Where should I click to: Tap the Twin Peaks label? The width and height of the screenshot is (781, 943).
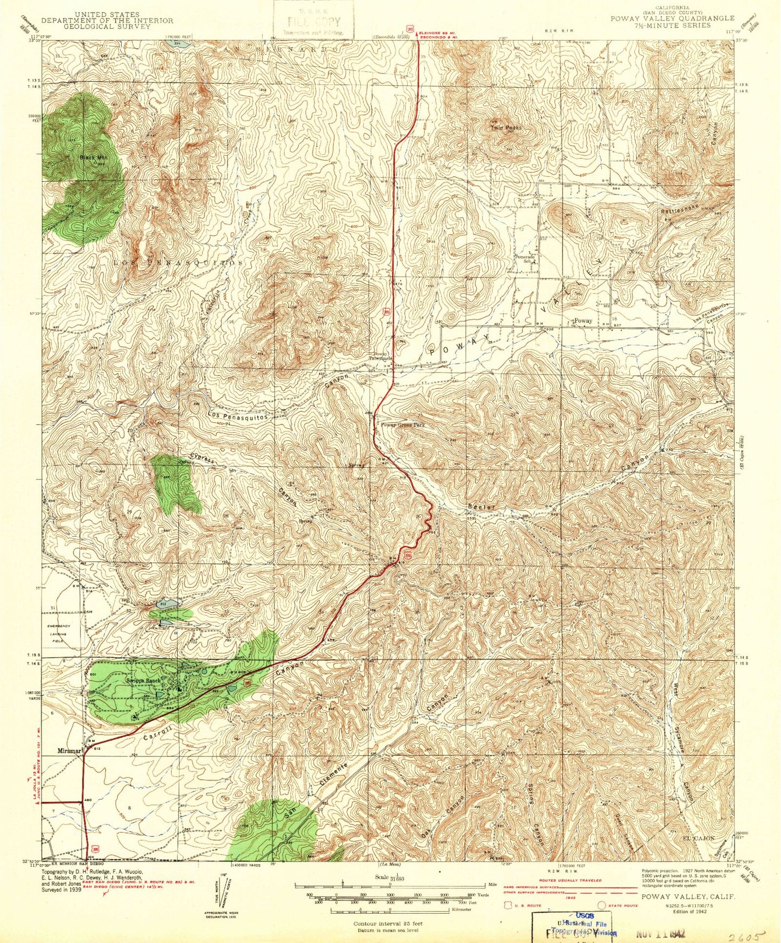506,128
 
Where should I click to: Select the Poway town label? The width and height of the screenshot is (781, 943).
583,321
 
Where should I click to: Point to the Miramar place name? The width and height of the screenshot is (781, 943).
70,751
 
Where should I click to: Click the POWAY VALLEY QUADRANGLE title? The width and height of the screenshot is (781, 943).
672,18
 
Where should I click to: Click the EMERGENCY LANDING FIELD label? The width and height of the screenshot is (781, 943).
58,633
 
